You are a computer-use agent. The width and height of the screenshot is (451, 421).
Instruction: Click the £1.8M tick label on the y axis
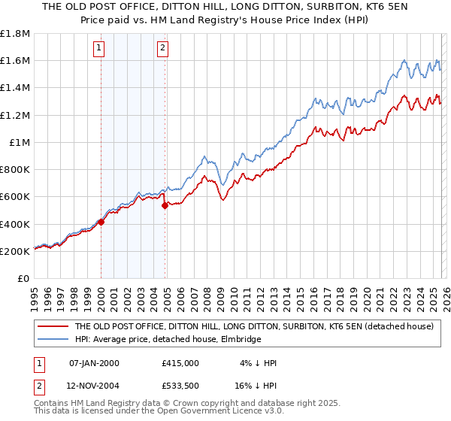tap(15, 34)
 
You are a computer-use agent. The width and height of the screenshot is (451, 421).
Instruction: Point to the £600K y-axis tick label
tap(15, 197)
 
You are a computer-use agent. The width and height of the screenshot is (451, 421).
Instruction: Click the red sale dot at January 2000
tap(101, 222)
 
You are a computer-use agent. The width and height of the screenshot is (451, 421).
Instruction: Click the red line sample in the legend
tap(53, 327)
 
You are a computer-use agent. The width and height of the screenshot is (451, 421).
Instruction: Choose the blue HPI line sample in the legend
tap(53, 340)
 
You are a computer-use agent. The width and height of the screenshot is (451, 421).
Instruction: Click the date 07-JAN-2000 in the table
tap(94, 363)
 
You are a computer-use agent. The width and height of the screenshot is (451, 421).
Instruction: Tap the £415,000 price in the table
tap(180, 363)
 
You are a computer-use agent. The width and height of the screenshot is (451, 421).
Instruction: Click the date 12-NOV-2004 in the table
tap(95, 385)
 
